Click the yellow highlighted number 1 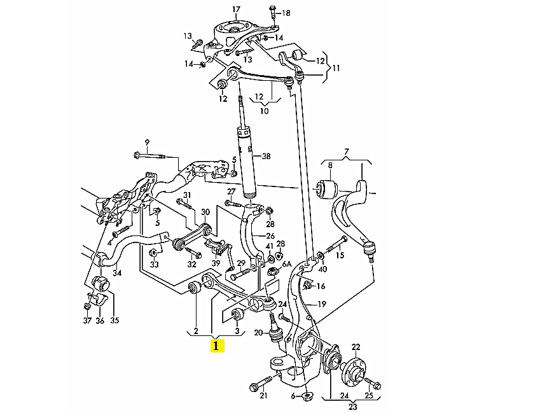[x=216, y=346]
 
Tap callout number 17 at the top [x=236, y=10]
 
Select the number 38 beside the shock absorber [x=266, y=156]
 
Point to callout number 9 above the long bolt [x=146, y=142]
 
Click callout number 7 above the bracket [x=347, y=151]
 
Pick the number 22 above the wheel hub [x=356, y=346]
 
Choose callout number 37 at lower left [x=87, y=321]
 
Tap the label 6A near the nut [x=286, y=263]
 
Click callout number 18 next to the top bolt [x=286, y=13]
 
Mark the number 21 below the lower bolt [x=263, y=396]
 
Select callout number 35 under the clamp [x=114, y=321]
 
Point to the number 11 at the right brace [x=336, y=67]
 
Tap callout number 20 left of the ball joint [x=258, y=333]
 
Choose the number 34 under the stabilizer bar [x=116, y=274]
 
